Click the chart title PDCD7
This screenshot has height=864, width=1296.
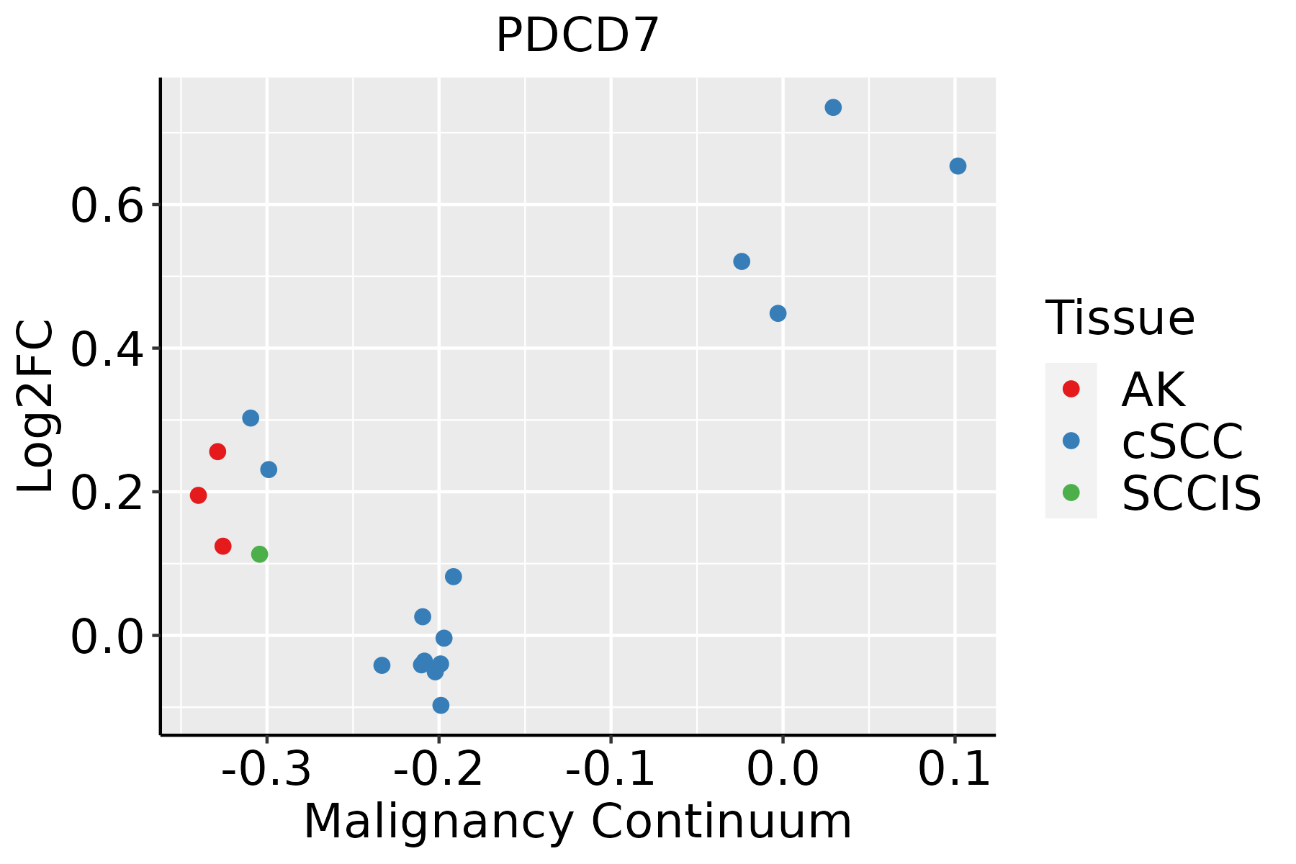point(577,36)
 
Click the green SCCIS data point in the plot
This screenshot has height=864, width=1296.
point(259,554)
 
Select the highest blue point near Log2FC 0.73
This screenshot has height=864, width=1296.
point(833,107)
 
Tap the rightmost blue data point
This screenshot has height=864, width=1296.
point(958,166)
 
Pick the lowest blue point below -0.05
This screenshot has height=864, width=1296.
point(441,705)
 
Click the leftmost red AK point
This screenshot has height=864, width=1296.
point(198,495)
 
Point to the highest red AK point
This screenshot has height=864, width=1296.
point(217,451)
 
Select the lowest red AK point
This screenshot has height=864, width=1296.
point(223,546)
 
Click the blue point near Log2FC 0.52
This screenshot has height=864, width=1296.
point(742,261)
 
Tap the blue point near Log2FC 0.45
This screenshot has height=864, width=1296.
point(778,313)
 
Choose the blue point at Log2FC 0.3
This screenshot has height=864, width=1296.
point(251,418)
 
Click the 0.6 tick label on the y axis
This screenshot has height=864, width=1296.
point(104,207)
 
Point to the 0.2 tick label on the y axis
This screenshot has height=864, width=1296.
point(104,494)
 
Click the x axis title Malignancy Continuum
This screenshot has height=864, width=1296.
point(577,822)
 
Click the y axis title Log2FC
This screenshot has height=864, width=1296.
point(36,407)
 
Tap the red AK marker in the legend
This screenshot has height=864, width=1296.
point(1071,389)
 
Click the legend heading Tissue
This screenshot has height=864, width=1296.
point(1120,318)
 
